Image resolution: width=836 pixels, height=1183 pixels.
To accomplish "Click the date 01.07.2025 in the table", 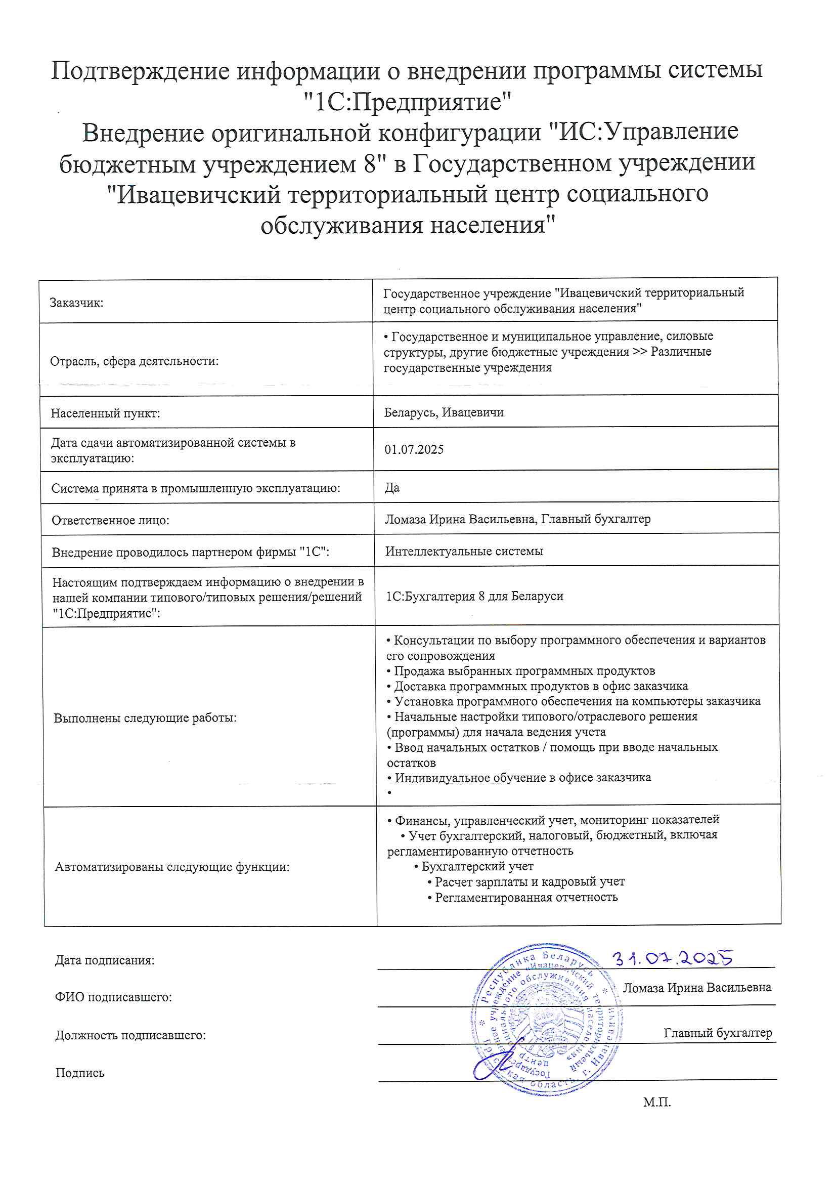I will [414, 449].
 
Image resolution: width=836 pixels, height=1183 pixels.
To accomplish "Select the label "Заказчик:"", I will [76, 303].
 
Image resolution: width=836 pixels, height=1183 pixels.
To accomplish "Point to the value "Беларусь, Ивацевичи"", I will [444, 412].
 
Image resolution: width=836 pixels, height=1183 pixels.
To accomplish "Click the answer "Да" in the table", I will [392, 487].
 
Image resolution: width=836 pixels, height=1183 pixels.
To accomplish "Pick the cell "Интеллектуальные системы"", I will [464, 551].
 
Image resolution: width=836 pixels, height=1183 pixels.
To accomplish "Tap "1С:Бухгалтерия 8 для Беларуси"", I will [474, 596].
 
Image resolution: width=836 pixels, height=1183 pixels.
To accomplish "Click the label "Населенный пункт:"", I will [105, 413].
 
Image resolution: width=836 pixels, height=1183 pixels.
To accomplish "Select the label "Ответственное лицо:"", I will [110, 520].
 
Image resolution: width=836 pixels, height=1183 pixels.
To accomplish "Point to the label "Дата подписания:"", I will [105, 960].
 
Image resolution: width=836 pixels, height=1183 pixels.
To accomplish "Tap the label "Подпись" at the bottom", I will [80, 1073].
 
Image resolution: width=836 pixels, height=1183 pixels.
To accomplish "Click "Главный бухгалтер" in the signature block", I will [717, 1033].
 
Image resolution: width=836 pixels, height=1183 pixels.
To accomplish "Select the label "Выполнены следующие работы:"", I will [145, 717].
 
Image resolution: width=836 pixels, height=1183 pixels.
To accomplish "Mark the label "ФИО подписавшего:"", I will [113, 997].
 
